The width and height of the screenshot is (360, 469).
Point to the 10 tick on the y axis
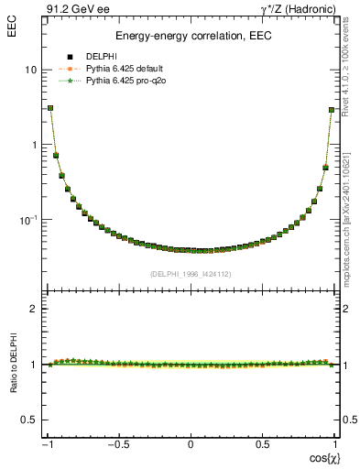click(x=30, y=71)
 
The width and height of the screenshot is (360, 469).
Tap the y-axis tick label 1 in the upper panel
click(x=33, y=145)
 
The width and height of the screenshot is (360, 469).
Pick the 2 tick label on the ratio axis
click(x=33, y=309)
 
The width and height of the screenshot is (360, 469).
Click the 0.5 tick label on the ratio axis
click(x=28, y=420)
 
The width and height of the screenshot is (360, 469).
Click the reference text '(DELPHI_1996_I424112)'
click(x=191, y=273)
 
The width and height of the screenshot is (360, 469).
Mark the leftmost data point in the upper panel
click(x=50, y=108)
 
